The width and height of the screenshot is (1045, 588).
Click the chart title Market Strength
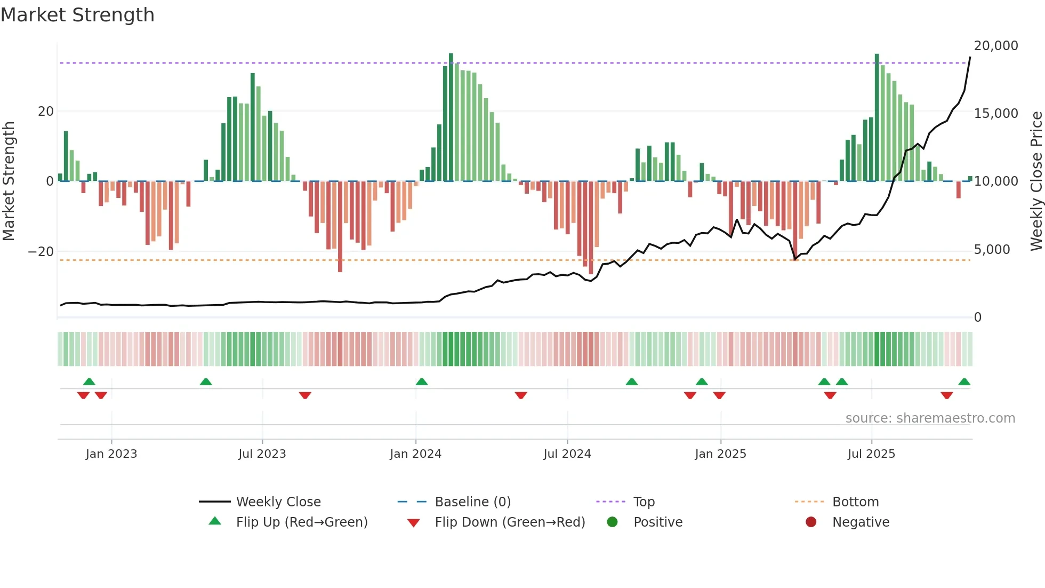[77, 15]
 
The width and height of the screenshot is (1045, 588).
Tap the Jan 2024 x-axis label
[415, 454]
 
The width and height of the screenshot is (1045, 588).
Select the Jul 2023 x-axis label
[262, 454]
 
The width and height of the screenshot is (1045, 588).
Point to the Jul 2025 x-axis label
[871, 454]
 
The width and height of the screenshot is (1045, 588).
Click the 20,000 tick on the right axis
[995, 46]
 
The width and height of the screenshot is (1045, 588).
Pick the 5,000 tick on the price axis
[992, 250]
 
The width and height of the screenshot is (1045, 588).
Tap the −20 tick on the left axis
[41, 252]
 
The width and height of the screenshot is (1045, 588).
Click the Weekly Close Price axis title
[1036, 181]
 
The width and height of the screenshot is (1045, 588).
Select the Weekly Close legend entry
[278, 502]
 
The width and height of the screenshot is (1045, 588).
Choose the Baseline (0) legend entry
[472, 502]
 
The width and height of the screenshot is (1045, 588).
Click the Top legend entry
[644, 502]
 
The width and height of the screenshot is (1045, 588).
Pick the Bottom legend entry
[855, 502]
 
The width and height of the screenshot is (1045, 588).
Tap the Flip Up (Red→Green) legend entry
[301, 522]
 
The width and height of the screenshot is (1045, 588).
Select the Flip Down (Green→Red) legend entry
[509, 522]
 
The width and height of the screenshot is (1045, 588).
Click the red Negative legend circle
[811, 522]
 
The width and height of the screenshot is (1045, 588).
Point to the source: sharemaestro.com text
[930, 418]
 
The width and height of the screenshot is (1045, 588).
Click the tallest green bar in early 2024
[451, 117]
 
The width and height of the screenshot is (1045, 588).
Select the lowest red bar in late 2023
[340, 227]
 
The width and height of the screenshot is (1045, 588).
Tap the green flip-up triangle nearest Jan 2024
[422, 382]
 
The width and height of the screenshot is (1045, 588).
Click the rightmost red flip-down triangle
[947, 395]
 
